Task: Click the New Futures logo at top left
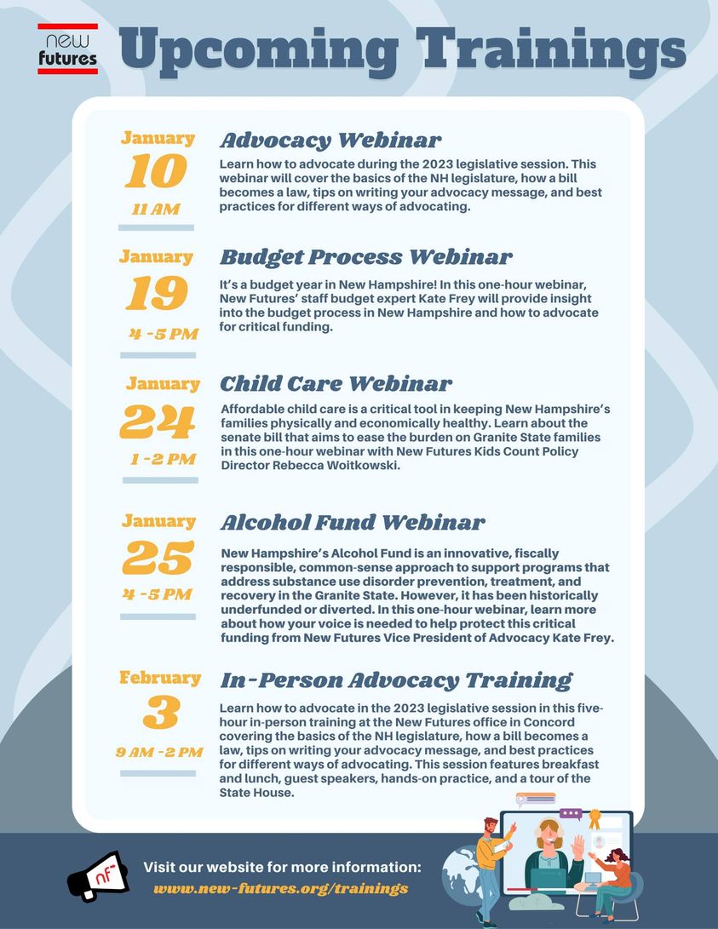67,49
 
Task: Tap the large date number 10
156,171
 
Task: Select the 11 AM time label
156,209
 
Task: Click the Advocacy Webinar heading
330,141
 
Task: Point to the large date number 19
157,293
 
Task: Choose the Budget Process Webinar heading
366,258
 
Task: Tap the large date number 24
158,421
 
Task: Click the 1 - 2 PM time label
164,459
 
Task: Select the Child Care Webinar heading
336,384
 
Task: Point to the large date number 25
158,558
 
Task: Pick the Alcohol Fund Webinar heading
353,523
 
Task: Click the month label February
160,678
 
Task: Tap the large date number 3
161,712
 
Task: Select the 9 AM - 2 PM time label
159,753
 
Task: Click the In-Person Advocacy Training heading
396,680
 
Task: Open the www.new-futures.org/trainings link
281,889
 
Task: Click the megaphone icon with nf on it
98,876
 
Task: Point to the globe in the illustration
463,874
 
